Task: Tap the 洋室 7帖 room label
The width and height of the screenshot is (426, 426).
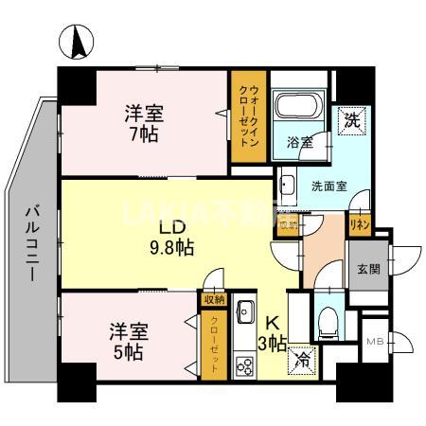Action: [x=145, y=122]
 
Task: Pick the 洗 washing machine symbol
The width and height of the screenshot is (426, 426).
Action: [x=351, y=119]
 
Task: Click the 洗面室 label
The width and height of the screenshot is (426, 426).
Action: [x=328, y=186]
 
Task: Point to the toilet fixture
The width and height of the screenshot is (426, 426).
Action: [x=327, y=318]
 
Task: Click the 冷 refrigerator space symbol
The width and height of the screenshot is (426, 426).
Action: [x=305, y=359]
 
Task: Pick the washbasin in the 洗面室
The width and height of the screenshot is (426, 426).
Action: [x=289, y=186]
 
